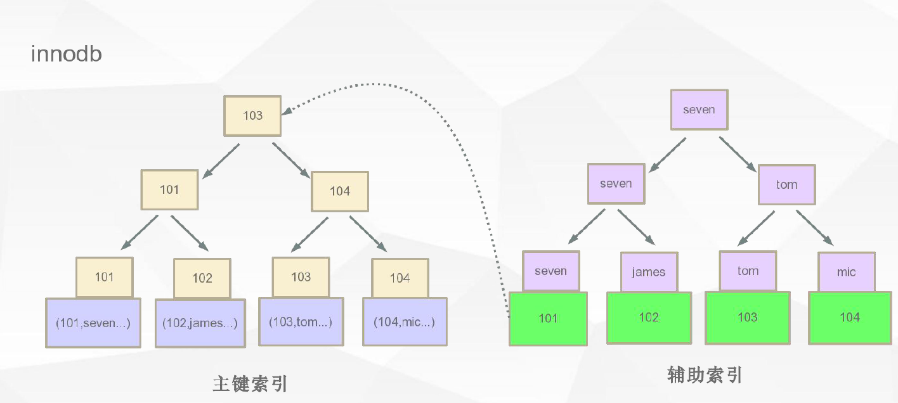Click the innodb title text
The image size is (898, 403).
(66, 54)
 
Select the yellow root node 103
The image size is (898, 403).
(252, 116)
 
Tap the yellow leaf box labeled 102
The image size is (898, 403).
(202, 278)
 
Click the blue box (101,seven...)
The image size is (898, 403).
(93, 323)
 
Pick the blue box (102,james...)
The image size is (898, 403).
(200, 323)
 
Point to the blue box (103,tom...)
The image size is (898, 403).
(301, 322)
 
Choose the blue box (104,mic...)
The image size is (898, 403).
(405, 322)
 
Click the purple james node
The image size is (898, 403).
(649, 272)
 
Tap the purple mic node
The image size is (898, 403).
(846, 272)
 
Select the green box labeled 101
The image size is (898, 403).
(548, 318)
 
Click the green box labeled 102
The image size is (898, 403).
(648, 317)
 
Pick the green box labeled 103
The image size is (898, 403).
(748, 317)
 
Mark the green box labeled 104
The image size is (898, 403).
(850, 317)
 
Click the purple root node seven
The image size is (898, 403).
(699, 110)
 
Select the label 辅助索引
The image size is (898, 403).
(705, 375)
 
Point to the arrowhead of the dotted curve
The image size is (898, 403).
(287, 112)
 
